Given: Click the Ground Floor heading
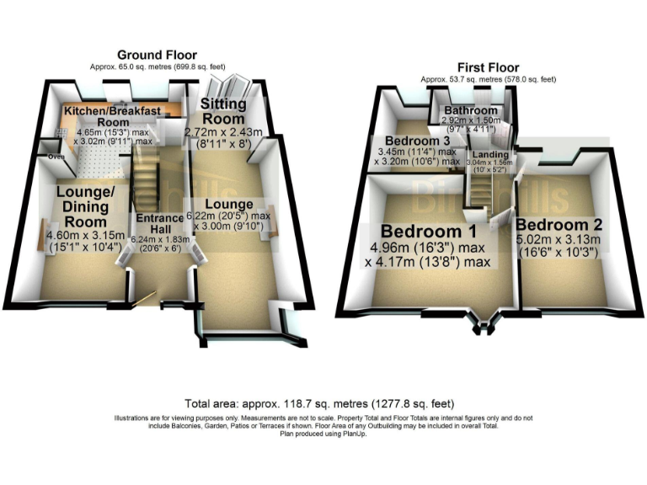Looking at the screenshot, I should click(157, 55).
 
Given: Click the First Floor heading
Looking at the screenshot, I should click(488, 67).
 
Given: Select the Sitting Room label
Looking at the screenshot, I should click(222, 110).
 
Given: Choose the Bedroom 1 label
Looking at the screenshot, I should click(430, 231).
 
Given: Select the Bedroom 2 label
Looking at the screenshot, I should click(559, 225).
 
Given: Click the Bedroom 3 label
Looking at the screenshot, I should click(417, 141).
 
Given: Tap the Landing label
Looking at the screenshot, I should click(489, 156).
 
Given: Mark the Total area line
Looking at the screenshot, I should click(323, 403).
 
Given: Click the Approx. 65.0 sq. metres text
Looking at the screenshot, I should click(157, 67).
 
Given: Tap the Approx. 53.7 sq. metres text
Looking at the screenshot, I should click(488, 79).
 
